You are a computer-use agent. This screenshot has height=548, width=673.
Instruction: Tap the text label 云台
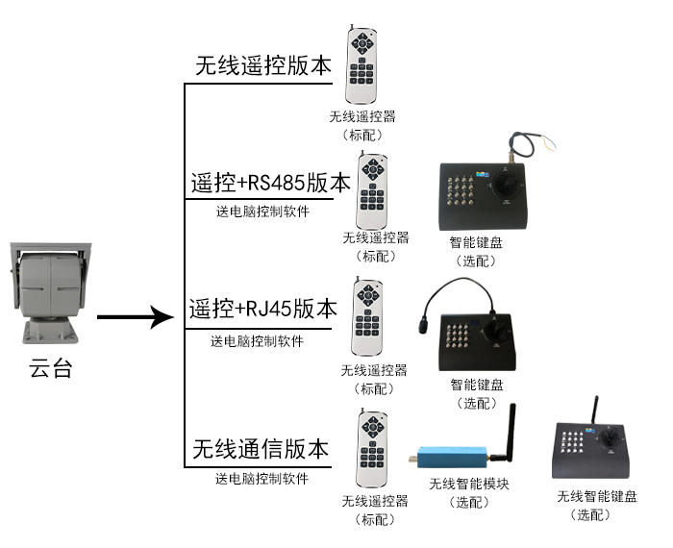tap(51, 369)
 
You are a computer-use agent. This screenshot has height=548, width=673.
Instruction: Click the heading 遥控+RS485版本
tap(270, 183)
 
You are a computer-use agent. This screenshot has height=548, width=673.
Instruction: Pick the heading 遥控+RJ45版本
tap(263, 310)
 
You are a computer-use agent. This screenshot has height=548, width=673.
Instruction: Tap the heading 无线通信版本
tap(261, 449)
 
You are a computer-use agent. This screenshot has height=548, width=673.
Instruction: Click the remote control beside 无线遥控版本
tap(363, 66)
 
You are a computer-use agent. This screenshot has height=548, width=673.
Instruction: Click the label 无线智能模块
tap(469, 484)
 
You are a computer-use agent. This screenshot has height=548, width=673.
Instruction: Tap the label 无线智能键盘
tap(596, 497)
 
